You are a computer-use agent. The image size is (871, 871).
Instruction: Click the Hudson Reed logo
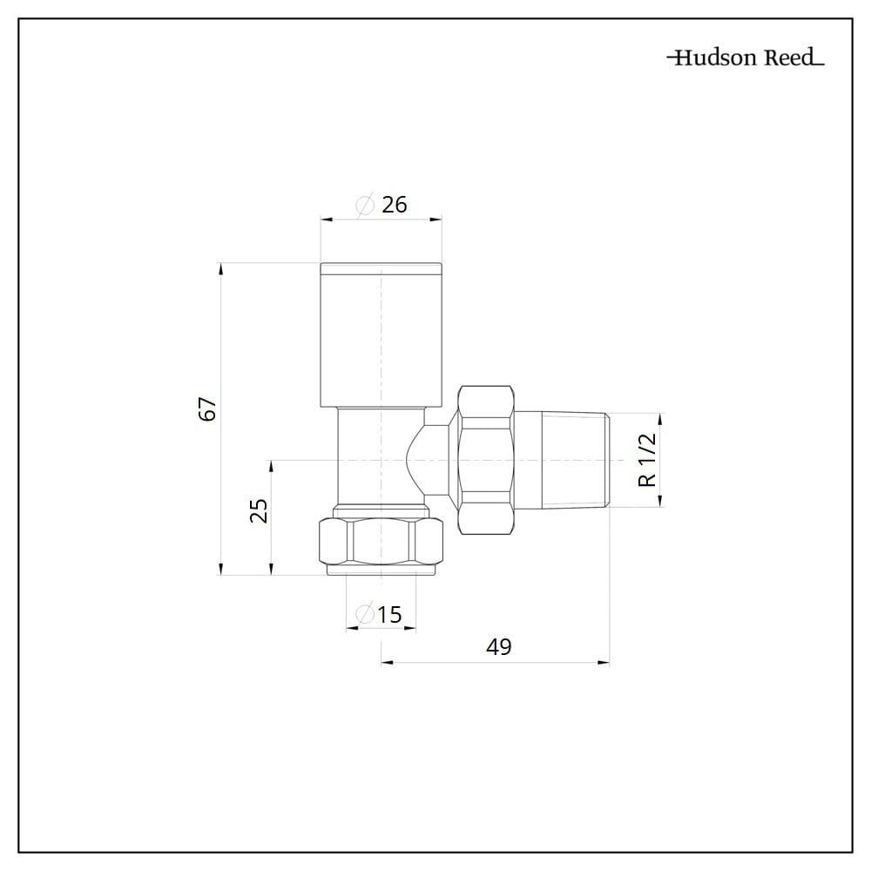point(746,57)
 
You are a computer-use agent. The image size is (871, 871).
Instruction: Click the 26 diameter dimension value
point(395,205)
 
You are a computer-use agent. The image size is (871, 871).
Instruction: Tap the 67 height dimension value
point(208,408)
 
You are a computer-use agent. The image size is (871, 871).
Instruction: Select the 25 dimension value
point(259,510)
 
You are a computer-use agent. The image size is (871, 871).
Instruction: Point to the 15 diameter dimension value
point(389,614)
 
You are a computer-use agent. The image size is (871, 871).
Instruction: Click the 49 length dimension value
point(498,646)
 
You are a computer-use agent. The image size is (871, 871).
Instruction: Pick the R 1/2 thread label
point(648,460)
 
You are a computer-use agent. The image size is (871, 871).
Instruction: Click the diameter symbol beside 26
point(365,206)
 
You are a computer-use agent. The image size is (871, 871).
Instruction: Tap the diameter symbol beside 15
point(364,614)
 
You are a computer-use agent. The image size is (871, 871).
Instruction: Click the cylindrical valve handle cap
point(381,334)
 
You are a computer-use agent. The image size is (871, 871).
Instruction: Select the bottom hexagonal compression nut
point(381,541)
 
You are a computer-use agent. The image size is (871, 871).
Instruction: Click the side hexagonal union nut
point(485,460)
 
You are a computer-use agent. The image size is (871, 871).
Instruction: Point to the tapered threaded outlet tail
point(576,460)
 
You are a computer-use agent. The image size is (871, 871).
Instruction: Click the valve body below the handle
point(381,456)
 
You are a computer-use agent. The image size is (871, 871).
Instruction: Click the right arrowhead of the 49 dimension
point(604,662)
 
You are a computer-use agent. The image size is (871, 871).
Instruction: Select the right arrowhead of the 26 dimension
point(435,220)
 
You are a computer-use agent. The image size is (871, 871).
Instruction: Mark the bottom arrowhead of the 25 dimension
point(271,568)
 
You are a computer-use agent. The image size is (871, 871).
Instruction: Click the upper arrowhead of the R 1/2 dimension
point(661,420)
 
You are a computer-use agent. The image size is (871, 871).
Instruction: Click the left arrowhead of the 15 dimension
point(352,629)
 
